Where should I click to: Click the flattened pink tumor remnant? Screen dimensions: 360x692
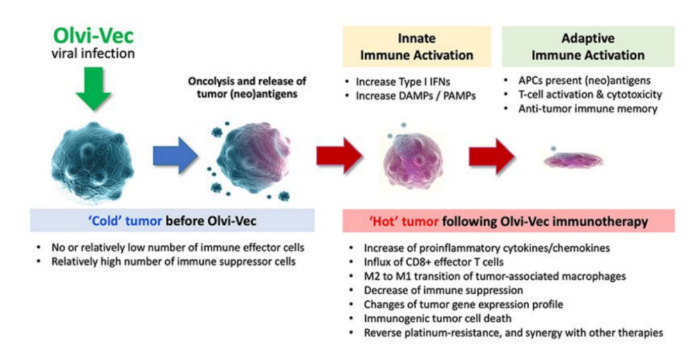573,160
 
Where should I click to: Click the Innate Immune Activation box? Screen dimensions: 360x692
416,46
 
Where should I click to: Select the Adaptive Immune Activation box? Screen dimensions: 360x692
588,46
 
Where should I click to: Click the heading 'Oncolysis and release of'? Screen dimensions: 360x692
247,81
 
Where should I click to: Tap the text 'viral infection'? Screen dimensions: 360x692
93,54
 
